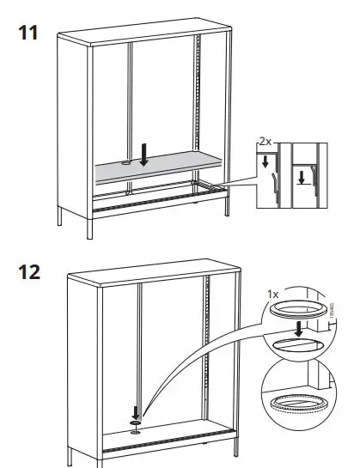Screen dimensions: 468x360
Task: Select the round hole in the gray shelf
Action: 125,161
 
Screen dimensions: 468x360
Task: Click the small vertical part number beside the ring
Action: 332,307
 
